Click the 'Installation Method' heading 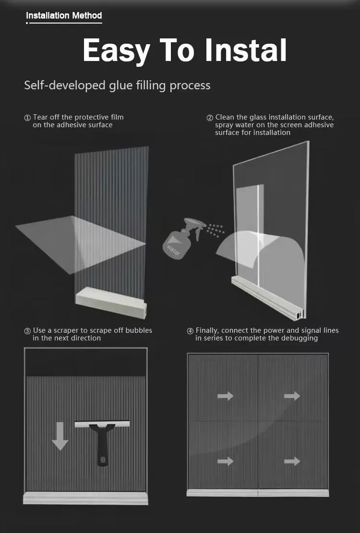[64, 16]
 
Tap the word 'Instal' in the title [245, 50]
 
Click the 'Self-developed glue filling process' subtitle [117, 85]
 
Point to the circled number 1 [27, 118]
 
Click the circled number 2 [210, 118]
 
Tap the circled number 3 [27, 331]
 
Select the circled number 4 [190, 331]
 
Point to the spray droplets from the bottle [216, 230]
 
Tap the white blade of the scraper [102, 424]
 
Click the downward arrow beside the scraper [60, 436]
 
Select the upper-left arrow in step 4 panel [226, 396]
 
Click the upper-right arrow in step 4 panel [292, 396]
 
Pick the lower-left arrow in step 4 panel [226, 461]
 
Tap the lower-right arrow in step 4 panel [292, 461]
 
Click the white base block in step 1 [111, 303]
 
